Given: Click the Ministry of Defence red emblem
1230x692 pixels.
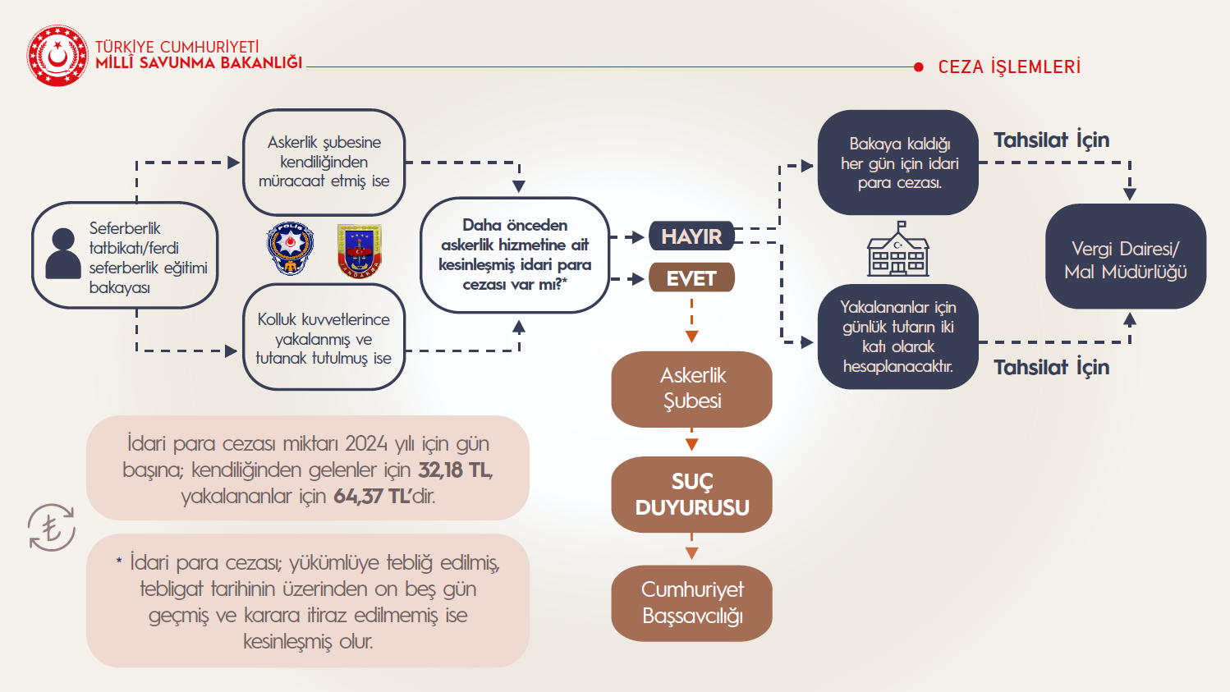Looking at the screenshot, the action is [57, 56].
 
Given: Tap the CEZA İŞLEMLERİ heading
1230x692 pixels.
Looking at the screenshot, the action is [1008, 67].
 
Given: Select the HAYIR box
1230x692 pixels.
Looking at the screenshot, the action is [691, 236].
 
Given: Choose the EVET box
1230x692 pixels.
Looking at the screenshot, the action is [691, 277].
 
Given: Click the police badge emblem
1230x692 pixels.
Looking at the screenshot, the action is [290, 248].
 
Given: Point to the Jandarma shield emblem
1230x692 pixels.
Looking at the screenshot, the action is [359, 251].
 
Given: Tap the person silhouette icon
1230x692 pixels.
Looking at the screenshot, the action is [63, 254].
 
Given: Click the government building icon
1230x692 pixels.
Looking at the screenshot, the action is [897, 249].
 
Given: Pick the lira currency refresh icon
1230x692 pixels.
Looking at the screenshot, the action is [52, 527].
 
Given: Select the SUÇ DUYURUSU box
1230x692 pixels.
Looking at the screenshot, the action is [691, 494].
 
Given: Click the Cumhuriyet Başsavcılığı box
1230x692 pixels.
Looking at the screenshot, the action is [691, 603].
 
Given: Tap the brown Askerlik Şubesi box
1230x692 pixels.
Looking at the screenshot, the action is [691, 389].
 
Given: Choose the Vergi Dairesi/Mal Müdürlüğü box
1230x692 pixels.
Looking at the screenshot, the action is [1126, 256].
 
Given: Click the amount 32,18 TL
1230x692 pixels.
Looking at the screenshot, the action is [455, 470].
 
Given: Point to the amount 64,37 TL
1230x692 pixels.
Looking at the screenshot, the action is [371, 497].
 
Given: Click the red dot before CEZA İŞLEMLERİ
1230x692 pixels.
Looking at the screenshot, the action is [918, 67].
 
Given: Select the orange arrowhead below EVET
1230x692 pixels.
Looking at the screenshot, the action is [691, 337].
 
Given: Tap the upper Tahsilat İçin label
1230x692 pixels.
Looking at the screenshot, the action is [1052, 140].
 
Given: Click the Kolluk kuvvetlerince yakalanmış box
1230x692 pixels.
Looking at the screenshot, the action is [324, 337].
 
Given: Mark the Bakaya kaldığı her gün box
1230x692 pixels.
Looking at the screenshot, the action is [897, 163].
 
